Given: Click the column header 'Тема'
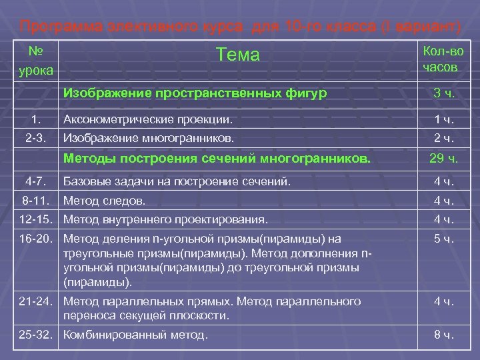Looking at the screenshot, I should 238,55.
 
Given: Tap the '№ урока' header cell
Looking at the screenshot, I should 33,59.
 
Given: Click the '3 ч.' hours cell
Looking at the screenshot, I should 444,94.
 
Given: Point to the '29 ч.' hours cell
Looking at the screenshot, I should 444,159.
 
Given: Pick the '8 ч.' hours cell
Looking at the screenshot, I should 444,335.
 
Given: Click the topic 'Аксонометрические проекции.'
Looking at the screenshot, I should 148,120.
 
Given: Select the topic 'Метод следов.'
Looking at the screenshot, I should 105,200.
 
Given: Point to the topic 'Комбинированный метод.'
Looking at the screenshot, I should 135,335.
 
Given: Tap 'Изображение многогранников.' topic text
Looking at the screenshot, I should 148,139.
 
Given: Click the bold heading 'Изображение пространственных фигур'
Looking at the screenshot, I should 195,94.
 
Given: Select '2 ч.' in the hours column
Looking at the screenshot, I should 444,139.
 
